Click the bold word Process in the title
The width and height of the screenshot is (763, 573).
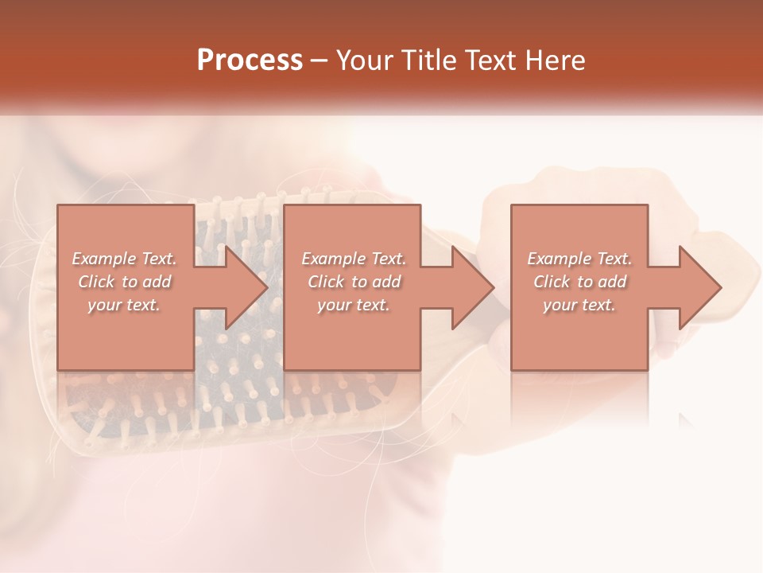point(250,60)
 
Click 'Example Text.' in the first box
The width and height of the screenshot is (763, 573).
point(125,259)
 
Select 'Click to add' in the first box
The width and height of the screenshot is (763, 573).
point(125,282)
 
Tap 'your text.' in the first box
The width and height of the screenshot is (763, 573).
point(125,305)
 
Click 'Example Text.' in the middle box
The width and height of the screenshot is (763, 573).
point(353,259)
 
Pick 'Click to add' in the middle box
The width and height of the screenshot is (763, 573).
point(353,282)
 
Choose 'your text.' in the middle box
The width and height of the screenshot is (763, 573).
point(353,305)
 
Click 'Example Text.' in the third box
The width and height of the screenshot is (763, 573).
point(579,259)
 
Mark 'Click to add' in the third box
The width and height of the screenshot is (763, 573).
point(579,282)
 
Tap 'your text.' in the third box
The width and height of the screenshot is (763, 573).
point(579,305)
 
